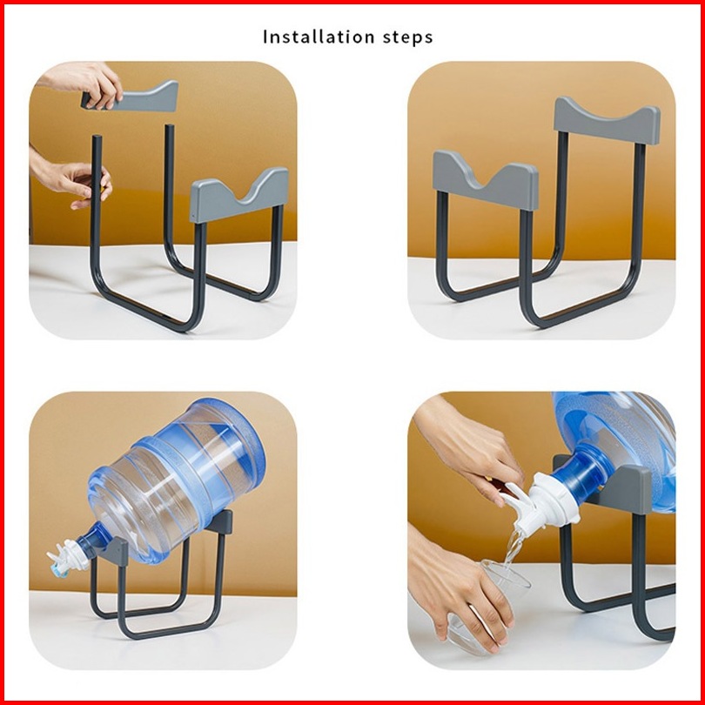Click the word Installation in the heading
click(319, 37)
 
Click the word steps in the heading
click(408, 37)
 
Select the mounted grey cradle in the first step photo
click(238, 196)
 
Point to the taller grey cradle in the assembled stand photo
click(607, 121)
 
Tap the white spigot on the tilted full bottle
click(66, 558)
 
